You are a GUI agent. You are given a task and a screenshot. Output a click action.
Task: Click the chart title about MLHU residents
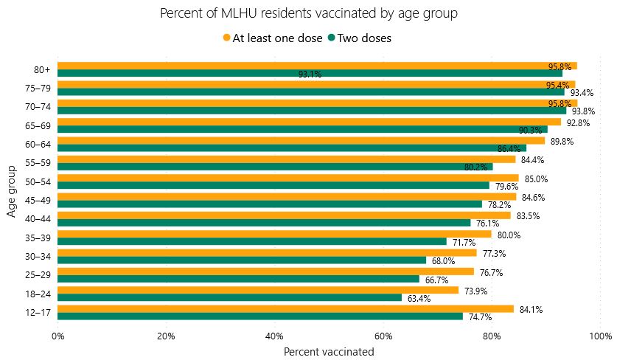[x=308, y=13]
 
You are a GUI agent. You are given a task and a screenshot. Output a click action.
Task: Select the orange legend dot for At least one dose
[x=226, y=38]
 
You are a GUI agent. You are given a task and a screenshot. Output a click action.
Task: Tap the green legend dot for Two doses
[x=332, y=38]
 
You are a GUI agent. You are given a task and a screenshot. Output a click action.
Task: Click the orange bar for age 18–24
[x=258, y=290]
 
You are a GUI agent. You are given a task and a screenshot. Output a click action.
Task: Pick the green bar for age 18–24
[x=229, y=298]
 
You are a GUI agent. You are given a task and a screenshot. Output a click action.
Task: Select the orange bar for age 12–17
[x=285, y=309]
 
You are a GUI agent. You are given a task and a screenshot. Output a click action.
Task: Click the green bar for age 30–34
[x=242, y=260]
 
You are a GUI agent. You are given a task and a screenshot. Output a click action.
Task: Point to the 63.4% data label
[x=419, y=299]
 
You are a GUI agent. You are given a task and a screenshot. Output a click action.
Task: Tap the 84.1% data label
[x=531, y=310]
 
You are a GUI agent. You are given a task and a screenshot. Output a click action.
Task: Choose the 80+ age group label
[x=42, y=70]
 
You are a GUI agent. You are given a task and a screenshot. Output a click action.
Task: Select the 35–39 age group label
[x=38, y=238]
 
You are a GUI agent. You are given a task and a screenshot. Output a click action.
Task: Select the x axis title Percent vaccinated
[x=329, y=352]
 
